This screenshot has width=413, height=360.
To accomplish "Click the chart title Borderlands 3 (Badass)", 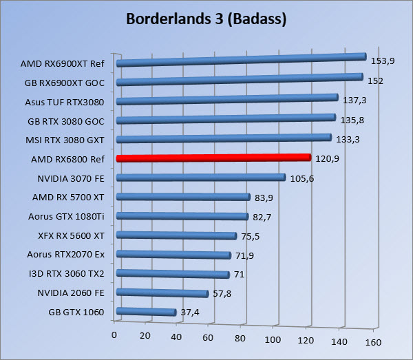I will pos(206,19).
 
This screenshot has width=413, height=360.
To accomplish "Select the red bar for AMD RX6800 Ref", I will pos(213,158).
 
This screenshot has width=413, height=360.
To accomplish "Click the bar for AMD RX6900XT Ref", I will pos(241,61).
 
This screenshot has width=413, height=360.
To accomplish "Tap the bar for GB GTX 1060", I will pos(147,313).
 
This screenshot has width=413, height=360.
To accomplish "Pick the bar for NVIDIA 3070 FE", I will pos(201,178).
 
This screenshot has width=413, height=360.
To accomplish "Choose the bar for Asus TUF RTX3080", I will pos(227,100).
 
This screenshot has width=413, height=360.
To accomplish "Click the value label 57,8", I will pos(222,293).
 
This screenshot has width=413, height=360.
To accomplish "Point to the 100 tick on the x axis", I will pos(273,340).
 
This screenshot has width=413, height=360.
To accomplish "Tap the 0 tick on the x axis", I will pos(115,335).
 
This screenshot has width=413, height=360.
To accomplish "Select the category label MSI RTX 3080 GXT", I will pos(67,140).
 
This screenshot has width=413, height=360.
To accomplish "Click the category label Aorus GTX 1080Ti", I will pos(67,216).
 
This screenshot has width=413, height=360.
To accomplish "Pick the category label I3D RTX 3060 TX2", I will pos(67,273).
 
